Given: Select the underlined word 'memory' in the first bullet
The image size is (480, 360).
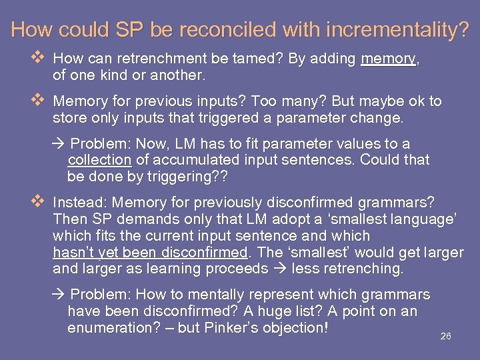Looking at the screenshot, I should click(388, 59).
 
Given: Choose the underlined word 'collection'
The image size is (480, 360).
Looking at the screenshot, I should click(99, 160).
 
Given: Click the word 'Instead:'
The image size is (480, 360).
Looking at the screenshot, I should click(80, 202).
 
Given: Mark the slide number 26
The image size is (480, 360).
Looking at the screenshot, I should click(446, 336).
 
